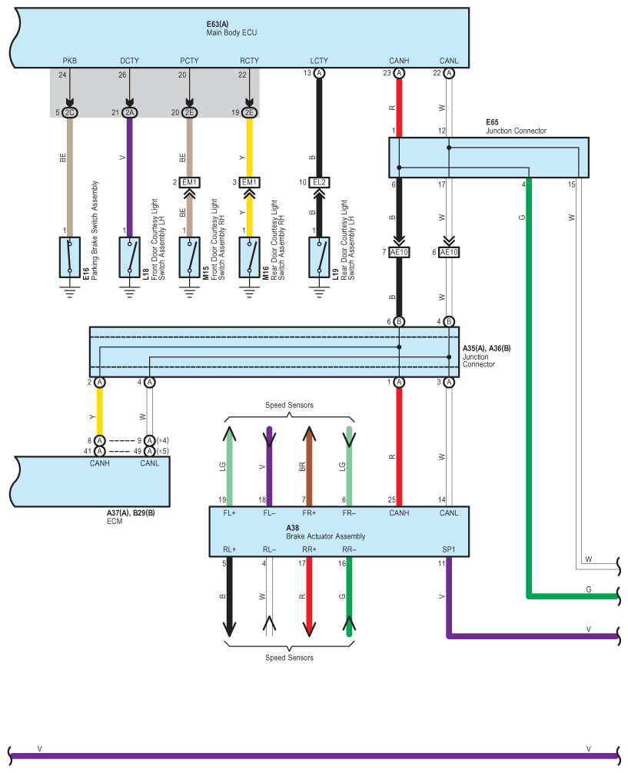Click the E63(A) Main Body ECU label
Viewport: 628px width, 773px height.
pyautogui.click(x=231, y=28)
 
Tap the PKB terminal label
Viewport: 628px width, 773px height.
pyautogui.click(x=69, y=61)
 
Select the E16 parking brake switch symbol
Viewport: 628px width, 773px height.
pyautogui.click(x=69, y=257)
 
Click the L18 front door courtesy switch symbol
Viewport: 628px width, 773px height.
pyautogui.click(x=129, y=257)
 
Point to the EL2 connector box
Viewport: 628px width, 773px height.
pyautogui.click(x=319, y=182)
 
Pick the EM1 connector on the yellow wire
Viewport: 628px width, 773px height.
pyautogui.click(x=249, y=182)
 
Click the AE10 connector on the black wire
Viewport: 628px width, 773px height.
pyautogui.click(x=399, y=252)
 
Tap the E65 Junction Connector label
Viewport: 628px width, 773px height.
pyautogui.click(x=516, y=127)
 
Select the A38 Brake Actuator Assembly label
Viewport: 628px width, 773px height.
pyautogui.click(x=326, y=532)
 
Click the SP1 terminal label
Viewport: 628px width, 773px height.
pyautogui.click(x=448, y=549)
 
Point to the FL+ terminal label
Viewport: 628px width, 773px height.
pyautogui.click(x=229, y=513)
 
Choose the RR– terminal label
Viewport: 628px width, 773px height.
pyautogui.click(x=349, y=549)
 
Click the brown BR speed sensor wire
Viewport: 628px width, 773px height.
pyautogui.click(x=309, y=466)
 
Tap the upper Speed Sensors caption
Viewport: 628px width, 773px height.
pyautogui.click(x=289, y=405)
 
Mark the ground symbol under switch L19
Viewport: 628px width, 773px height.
pyautogui.click(x=319, y=292)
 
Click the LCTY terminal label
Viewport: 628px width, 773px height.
pyautogui.click(x=319, y=61)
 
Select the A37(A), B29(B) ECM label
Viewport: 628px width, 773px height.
pyautogui.click(x=131, y=517)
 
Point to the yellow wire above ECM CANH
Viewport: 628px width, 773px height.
pyautogui.click(x=100, y=411)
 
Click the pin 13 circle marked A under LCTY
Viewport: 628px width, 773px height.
pyautogui.click(x=319, y=74)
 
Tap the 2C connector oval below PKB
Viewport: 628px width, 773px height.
pyautogui.click(x=69, y=112)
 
